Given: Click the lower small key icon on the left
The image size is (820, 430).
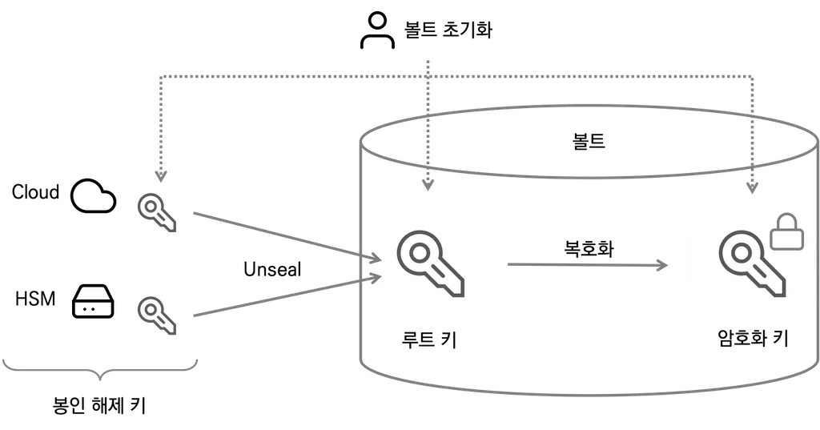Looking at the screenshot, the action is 157,315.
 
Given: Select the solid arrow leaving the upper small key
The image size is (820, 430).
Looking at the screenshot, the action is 284,235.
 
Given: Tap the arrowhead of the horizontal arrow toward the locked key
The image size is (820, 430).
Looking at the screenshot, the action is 663,264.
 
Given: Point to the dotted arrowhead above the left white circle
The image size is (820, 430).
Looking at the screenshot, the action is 428,184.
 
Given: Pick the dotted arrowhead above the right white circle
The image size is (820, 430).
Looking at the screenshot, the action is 752,187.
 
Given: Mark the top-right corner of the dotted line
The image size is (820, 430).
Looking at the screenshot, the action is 752,76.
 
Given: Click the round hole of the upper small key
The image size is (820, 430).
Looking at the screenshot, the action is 150,207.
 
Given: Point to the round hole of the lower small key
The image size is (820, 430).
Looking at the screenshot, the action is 150,308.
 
